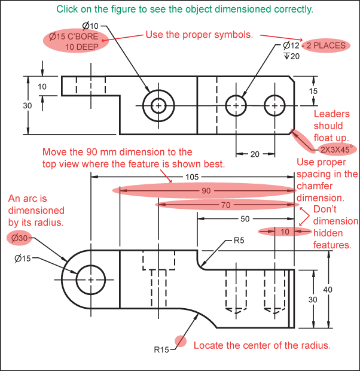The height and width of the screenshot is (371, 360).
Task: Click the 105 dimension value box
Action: click(x=192, y=177)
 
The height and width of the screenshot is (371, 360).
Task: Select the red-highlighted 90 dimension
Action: click(x=206, y=190)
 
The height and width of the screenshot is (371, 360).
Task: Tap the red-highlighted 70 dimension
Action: click(x=225, y=205)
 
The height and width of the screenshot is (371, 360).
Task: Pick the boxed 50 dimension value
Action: click(x=245, y=218)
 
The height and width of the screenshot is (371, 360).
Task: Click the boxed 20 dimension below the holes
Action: click(x=255, y=154)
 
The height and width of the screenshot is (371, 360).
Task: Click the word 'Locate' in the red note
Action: click(x=208, y=345)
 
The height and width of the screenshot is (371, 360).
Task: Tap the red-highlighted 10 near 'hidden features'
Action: click(x=285, y=232)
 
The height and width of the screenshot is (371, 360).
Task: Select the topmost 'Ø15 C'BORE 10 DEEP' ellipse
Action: click(x=77, y=42)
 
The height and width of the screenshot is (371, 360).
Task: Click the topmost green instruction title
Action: click(x=184, y=10)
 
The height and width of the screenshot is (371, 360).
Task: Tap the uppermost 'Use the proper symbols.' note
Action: click(x=200, y=35)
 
